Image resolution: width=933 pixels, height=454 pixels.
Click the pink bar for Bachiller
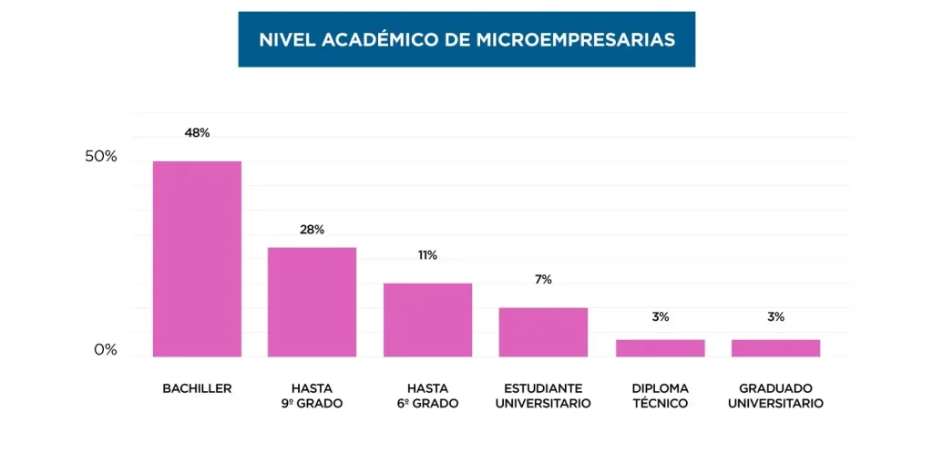[197, 259]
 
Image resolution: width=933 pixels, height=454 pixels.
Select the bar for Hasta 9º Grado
[312, 302]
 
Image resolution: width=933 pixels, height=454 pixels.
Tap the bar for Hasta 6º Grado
[427, 320]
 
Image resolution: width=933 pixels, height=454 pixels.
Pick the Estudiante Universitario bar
[543, 332]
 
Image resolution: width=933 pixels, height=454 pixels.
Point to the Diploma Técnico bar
[660, 347]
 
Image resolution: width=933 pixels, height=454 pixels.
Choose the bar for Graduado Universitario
[775, 347]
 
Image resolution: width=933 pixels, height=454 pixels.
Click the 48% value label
[197, 133]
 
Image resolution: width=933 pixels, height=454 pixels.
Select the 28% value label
[312, 230]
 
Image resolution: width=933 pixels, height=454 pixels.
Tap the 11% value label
[427, 255]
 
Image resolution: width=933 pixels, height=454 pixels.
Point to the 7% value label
[543, 280]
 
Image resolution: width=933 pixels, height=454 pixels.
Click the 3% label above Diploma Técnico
[660, 317]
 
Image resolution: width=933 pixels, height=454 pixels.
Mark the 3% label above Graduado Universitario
[775, 317]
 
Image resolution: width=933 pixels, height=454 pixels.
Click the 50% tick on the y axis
[101, 157]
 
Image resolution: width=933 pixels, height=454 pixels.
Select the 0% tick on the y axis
[106, 350]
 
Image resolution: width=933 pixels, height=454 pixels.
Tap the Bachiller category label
[197, 388]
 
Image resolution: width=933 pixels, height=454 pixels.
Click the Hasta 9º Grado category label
[312, 396]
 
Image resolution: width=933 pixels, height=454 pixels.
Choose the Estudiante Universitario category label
[543, 396]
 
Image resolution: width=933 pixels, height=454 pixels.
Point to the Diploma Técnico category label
[660, 396]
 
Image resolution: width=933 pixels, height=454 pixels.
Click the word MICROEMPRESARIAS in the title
[576, 40]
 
